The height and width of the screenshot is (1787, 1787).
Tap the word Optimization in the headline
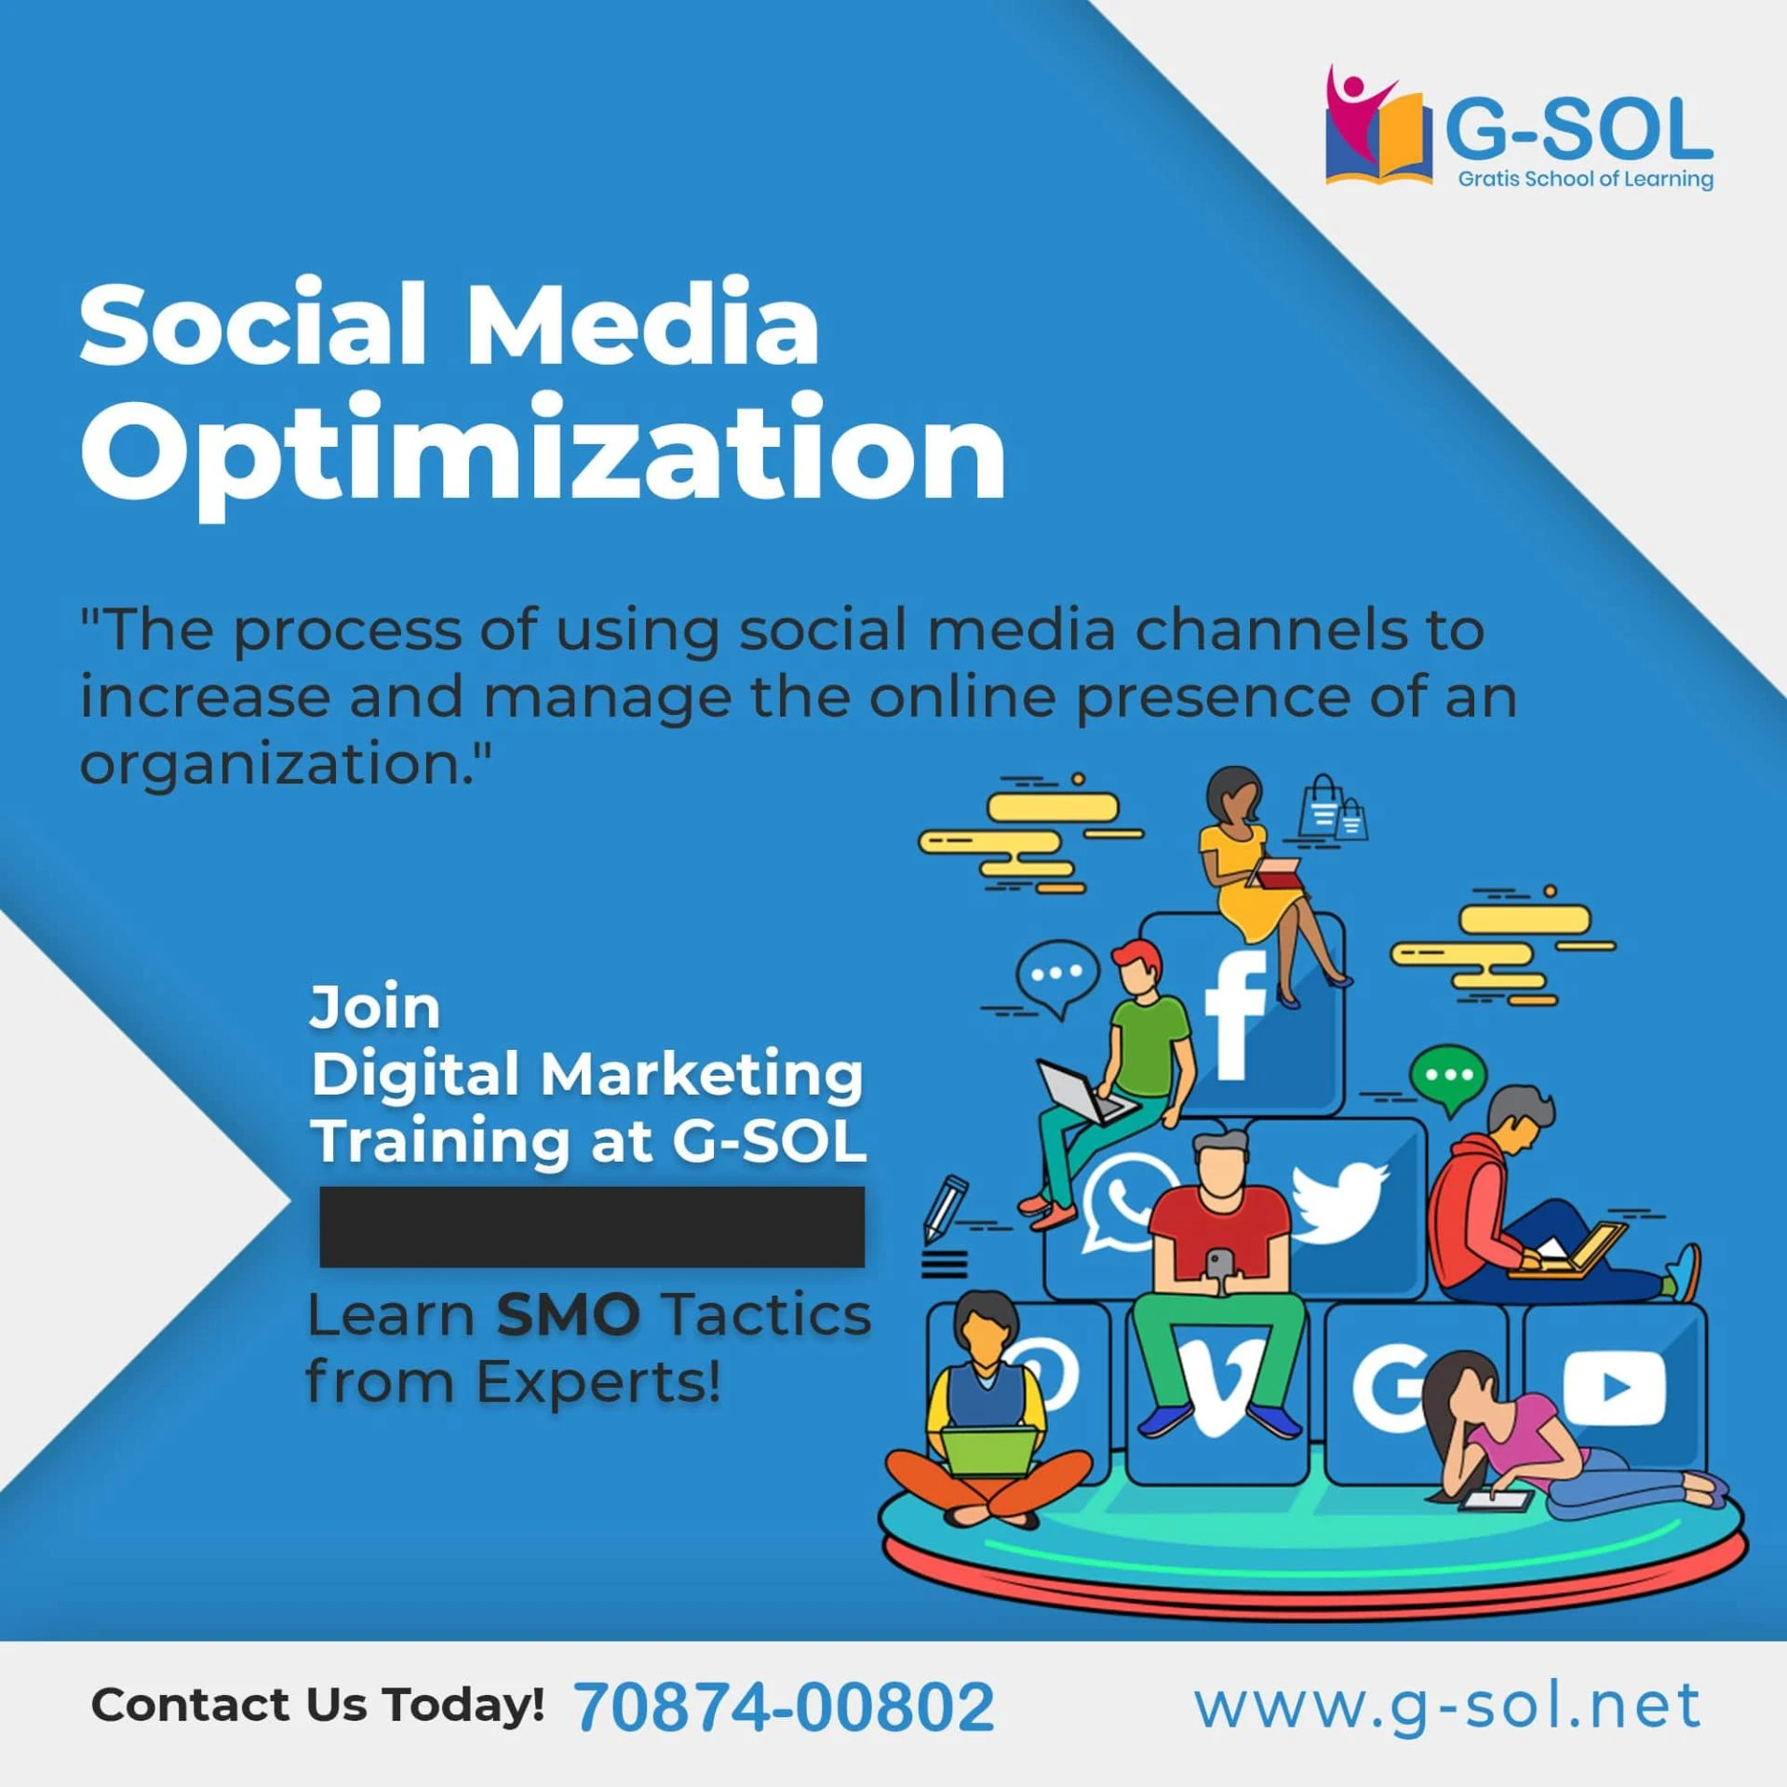pyautogui.click(x=543, y=450)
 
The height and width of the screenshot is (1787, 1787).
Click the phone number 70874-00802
pyautogui.click(x=784, y=1707)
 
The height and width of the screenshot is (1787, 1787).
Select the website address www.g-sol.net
pyautogui.click(x=1447, y=1705)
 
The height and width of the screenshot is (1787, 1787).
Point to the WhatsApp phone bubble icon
pyautogui.click(x=1124, y=1201)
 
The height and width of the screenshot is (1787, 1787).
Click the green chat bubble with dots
pyautogui.click(x=1448, y=1077)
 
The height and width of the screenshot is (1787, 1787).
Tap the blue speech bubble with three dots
pyautogui.click(x=1057, y=974)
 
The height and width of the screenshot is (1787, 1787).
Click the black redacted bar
pyautogui.click(x=592, y=1226)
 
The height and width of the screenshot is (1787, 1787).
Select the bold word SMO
pyautogui.click(x=568, y=1315)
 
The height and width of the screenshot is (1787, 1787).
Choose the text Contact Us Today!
pyautogui.click(x=317, y=1704)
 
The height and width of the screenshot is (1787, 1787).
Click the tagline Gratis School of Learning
pyautogui.click(x=1585, y=179)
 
